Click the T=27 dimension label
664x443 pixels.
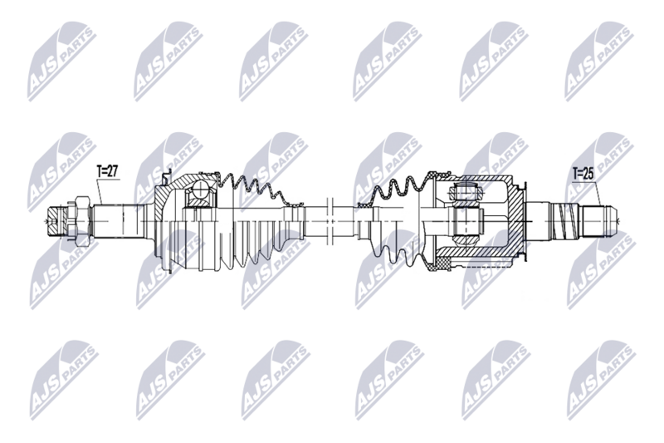108,172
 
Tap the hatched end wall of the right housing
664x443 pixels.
517,219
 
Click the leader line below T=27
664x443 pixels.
100,193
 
